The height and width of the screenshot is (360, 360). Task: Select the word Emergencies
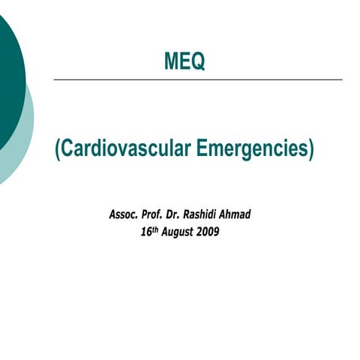[x=251, y=148]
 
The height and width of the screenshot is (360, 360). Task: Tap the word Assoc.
[x=124, y=214]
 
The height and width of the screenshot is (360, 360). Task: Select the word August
[x=178, y=232]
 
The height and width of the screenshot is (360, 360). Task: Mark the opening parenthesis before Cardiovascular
[x=57, y=149]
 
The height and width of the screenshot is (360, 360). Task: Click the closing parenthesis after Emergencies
[x=310, y=149]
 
